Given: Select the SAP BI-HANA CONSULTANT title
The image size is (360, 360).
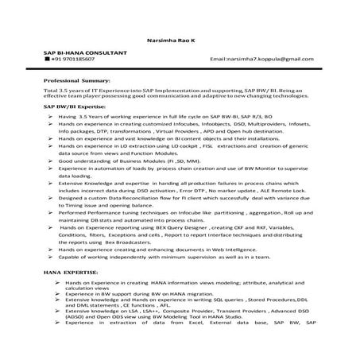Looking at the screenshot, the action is point(84,52).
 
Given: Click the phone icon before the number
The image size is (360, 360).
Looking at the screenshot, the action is point(48,60).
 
